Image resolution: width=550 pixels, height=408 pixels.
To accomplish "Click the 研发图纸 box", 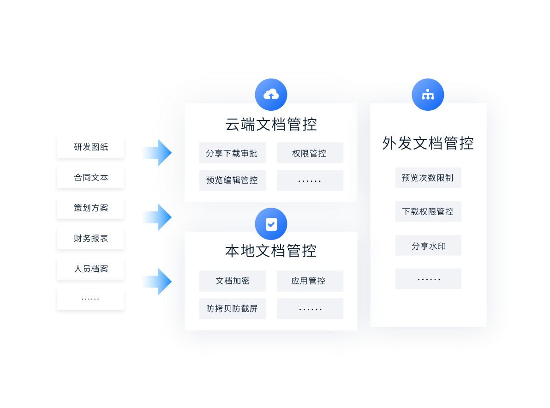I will pos(90,148).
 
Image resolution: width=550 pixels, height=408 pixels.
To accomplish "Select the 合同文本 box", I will pos(90,178).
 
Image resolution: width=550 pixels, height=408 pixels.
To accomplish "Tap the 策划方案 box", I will pos(90,209).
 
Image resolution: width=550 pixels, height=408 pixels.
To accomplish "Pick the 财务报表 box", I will pos(90,239).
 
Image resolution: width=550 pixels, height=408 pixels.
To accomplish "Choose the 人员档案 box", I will pos(90,270).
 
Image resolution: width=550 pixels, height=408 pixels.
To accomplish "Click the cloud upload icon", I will pos(271,95).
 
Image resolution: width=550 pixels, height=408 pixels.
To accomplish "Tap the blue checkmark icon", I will pos(271,224).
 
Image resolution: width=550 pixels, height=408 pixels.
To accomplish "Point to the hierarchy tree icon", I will pos(428,95).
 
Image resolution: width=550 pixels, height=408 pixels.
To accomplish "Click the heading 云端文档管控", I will pos(271,125).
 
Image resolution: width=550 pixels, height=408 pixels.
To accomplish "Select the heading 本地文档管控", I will pos(271,251).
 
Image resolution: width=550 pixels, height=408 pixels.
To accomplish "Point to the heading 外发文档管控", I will pos(428,143).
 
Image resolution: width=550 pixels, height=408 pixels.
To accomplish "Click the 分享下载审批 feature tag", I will pos(232,153).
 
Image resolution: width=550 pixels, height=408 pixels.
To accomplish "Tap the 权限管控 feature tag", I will pos(310,153).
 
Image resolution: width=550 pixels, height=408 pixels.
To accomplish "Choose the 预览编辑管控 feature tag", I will pos(232,180).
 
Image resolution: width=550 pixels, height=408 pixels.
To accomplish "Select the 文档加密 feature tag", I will pos(232,281).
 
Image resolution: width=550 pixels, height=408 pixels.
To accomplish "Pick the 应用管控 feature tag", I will pos(310,281).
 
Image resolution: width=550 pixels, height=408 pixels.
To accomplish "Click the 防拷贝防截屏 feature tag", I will pos(232,309).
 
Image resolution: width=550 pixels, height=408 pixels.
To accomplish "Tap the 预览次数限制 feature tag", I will pos(428,178).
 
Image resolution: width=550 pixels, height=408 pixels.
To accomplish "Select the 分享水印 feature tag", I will pos(428,246).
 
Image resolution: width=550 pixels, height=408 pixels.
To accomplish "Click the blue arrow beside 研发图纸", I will pos(156,152).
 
